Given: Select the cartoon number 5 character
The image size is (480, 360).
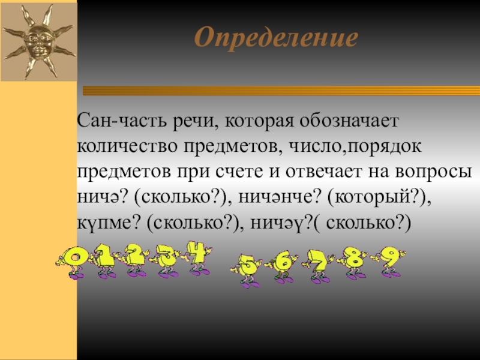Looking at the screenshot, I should point(247,267).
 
